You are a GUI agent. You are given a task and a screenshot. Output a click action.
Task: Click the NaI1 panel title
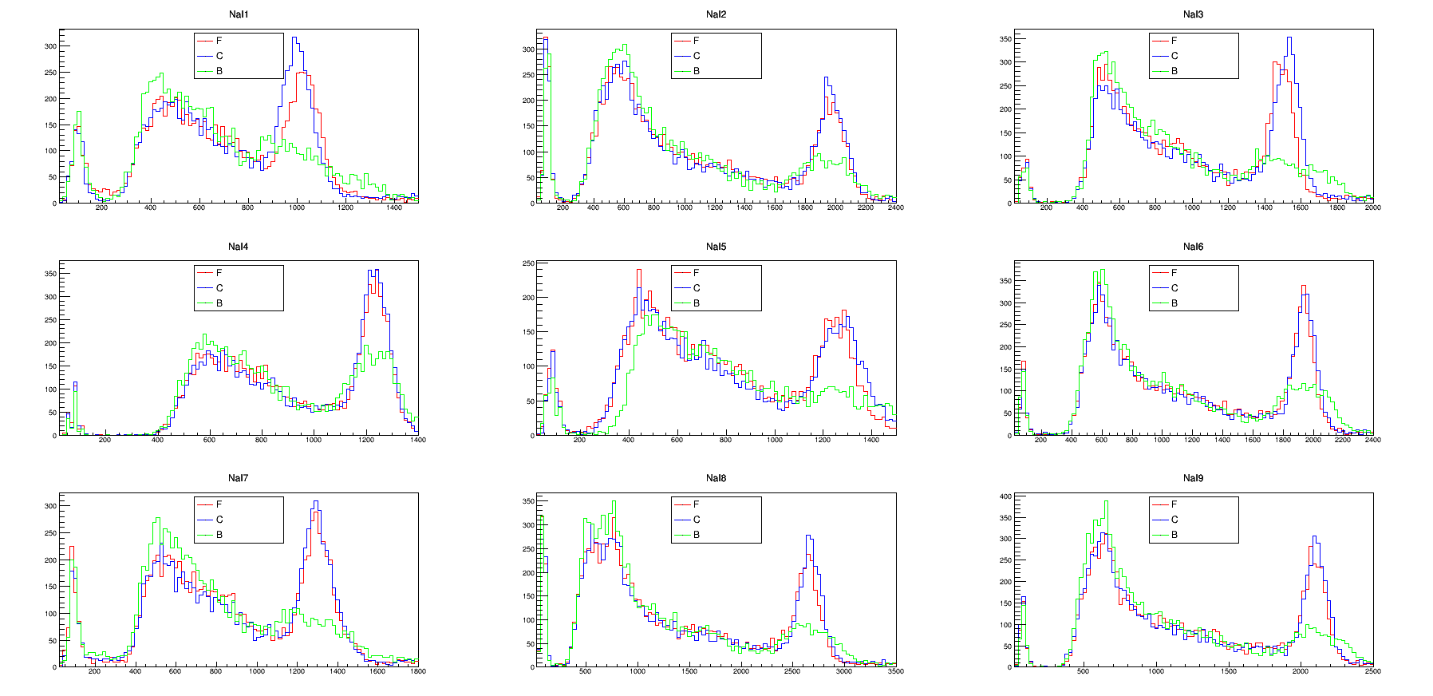239,14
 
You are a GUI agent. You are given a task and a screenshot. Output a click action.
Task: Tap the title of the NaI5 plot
716,247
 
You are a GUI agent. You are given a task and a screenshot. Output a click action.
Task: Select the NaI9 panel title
1193,478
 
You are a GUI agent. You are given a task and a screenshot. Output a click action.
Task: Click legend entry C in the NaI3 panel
1174,56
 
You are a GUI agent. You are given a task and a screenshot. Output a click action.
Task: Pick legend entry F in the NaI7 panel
219,504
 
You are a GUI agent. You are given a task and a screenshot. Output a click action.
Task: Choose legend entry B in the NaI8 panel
696,535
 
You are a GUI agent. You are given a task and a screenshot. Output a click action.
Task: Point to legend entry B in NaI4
219,303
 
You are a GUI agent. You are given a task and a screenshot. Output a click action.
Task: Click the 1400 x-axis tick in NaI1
394,208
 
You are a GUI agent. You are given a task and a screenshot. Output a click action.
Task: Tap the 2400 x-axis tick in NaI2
895,208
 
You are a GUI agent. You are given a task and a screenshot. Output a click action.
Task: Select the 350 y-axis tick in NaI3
1005,39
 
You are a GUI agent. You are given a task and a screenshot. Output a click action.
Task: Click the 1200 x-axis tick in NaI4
366,440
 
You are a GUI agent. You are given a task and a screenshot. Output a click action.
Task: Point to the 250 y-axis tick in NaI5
528,263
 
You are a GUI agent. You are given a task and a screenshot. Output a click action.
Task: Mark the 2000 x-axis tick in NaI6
1313,440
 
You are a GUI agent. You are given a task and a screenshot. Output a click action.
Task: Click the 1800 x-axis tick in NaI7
417,671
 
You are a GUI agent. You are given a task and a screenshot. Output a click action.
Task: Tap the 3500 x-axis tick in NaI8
895,671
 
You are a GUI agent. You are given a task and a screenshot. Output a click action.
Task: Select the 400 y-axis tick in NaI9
1005,496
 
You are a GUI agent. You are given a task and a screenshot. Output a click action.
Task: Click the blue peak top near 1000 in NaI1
294,38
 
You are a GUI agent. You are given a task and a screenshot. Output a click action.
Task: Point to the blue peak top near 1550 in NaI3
1289,38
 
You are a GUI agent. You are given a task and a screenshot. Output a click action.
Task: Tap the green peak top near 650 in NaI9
1106,502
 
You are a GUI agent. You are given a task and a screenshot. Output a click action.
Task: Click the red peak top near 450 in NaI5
638,270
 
